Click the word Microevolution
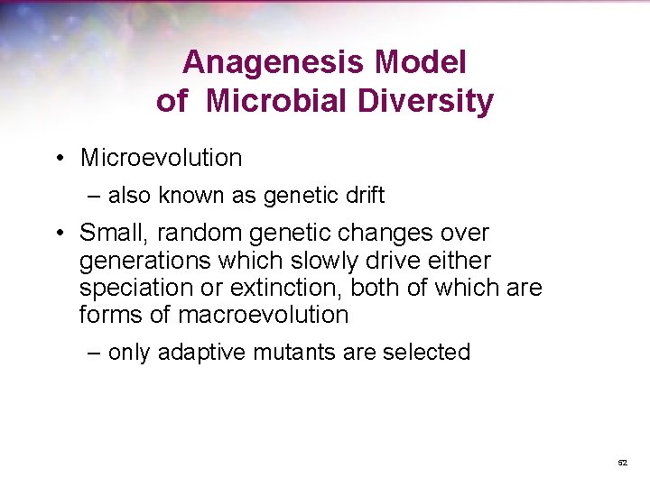coord(161,158)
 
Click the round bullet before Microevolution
coord(58,159)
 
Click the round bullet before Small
coord(58,234)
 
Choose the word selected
coord(426,352)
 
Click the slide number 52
coord(622,463)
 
